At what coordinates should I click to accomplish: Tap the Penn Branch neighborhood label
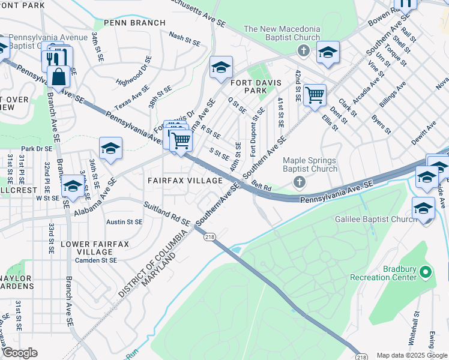tap(134, 23)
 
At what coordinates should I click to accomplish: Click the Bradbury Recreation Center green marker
tap(426, 273)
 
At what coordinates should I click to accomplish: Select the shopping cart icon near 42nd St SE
tap(315, 94)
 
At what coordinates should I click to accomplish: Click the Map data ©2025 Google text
tap(412, 355)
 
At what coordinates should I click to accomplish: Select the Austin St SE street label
tap(124, 221)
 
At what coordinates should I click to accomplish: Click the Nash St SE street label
tap(184, 39)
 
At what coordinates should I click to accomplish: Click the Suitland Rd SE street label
tap(167, 215)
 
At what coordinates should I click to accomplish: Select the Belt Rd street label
tap(262, 187)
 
